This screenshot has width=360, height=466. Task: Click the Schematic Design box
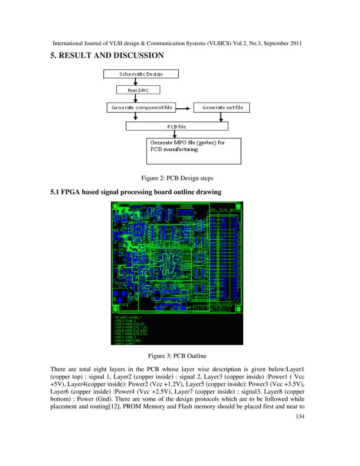(x=141, y=73)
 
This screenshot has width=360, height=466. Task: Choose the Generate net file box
(x=222, y=107)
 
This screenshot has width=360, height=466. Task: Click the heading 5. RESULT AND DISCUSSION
(x=107, y=55)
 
